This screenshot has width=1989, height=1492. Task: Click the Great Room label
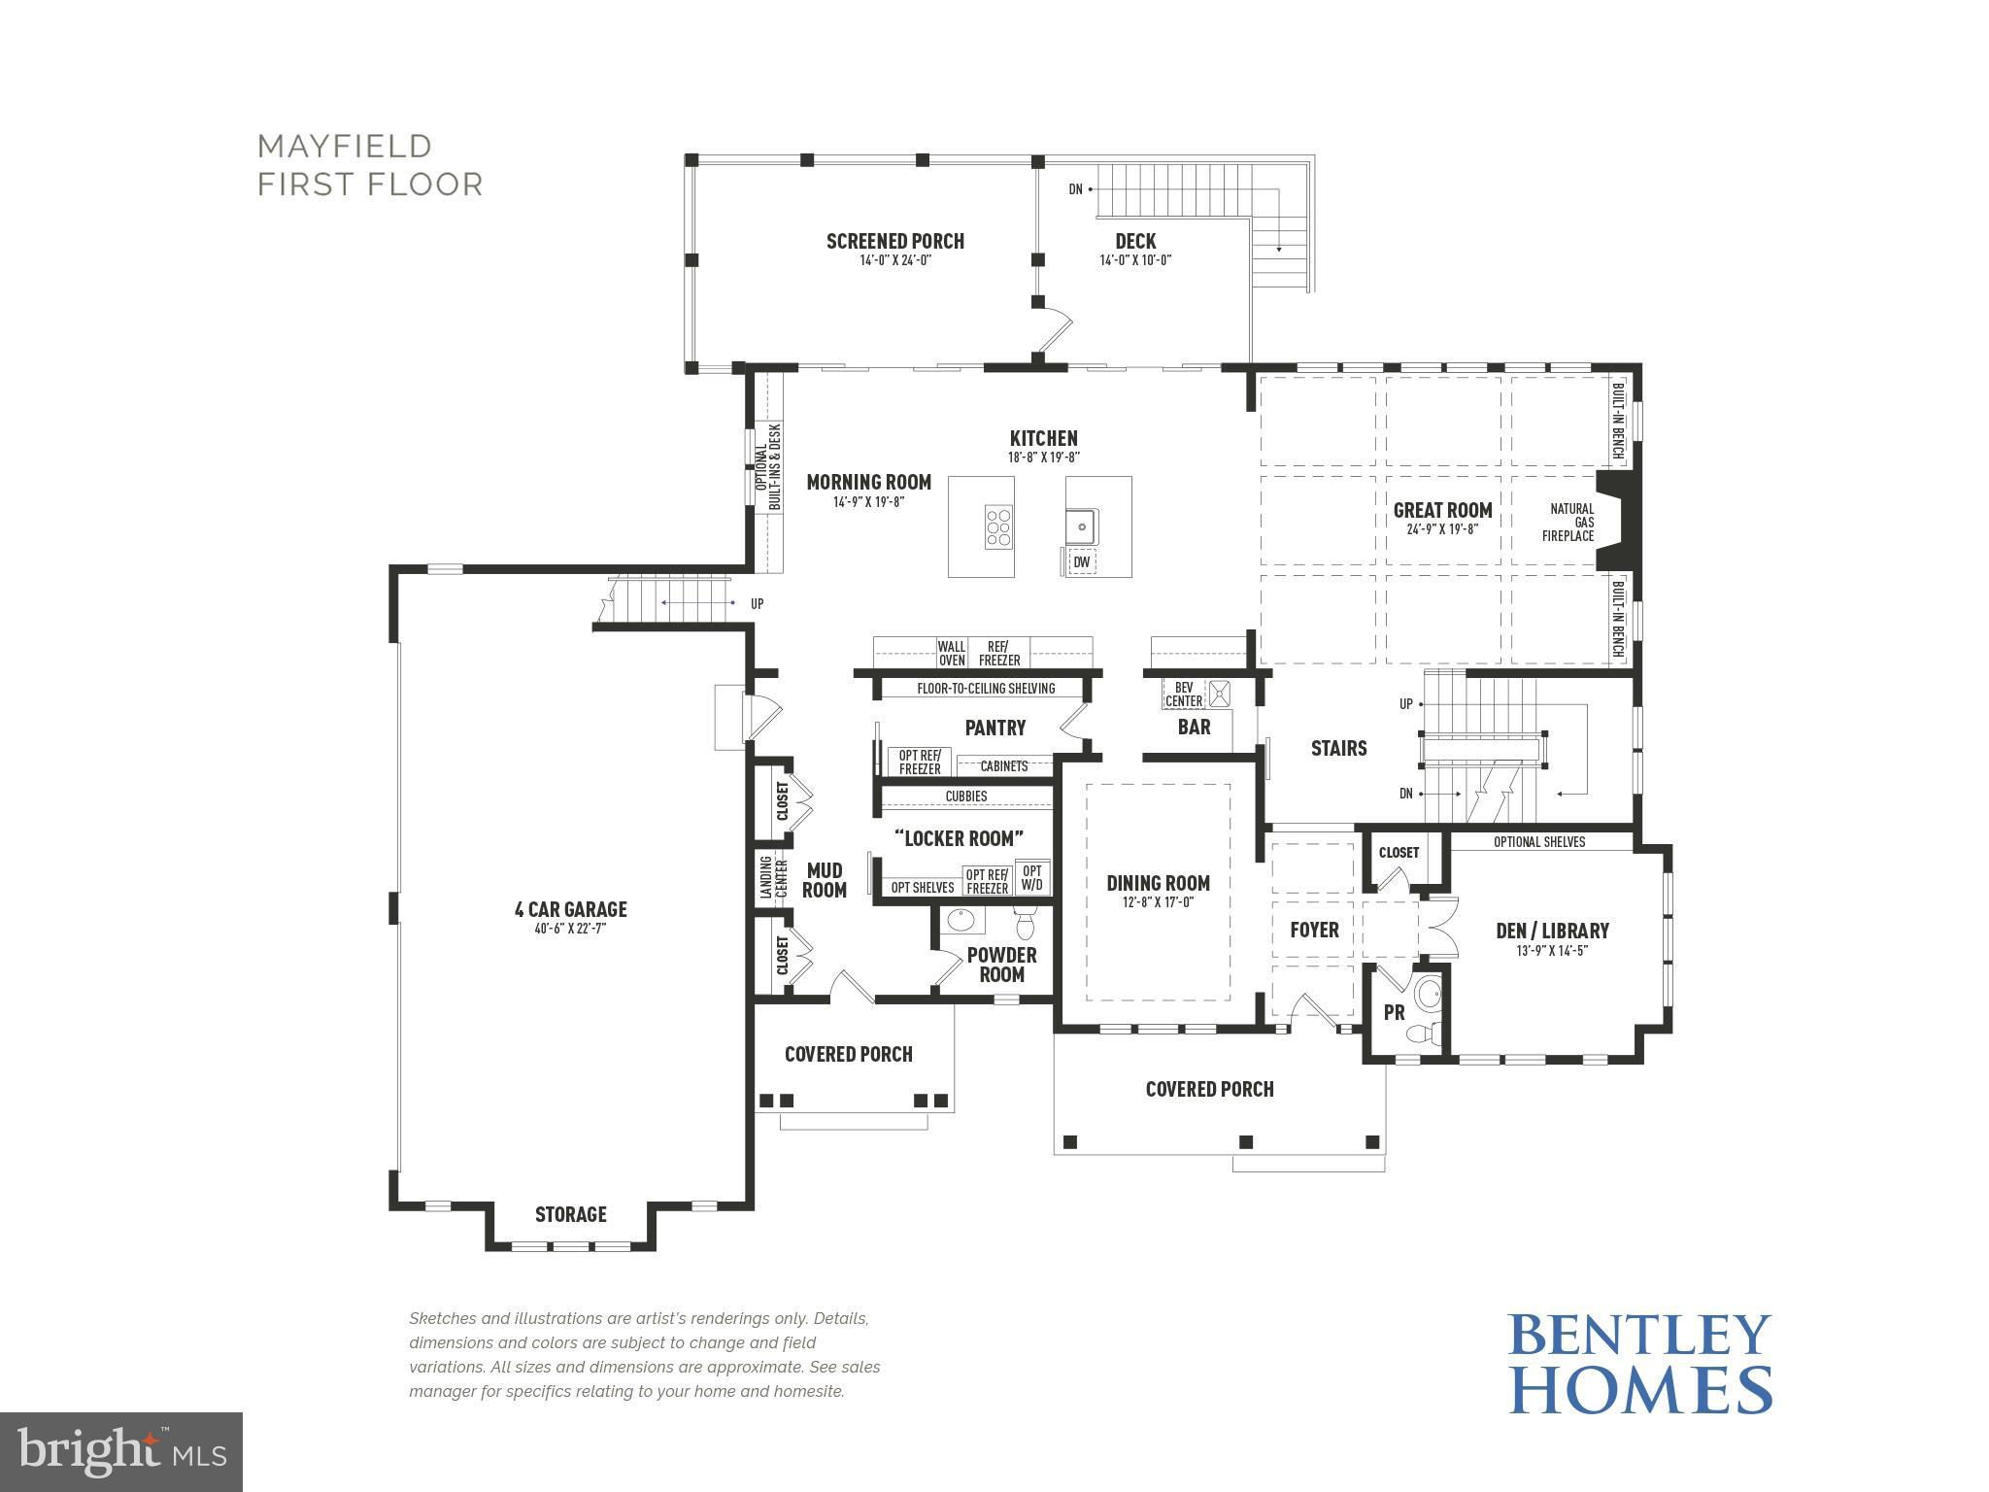tap(1442, 510)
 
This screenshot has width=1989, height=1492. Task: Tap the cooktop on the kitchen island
tap(998, 527)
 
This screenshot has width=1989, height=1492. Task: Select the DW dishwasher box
tap(1081, 561)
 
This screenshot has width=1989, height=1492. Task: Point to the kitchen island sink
tap(1082, 526)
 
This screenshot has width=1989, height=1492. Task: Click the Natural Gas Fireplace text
tap(1570, 523)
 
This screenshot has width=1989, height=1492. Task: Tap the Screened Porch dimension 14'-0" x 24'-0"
tap(895, 260)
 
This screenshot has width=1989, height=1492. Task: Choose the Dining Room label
tap(1158, 883)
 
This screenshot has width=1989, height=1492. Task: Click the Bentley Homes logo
tap(1639, 1364)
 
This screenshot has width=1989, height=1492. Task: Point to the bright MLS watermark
tap(121, 1451)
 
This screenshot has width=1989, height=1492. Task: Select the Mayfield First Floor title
tap(370, 165)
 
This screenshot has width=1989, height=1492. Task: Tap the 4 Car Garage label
tap(570, 909)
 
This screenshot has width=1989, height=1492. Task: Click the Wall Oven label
tap(952, 653)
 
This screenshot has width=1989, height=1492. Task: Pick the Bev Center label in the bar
tap(1184, 694)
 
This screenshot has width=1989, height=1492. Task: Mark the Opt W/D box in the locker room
tap(1031, 877)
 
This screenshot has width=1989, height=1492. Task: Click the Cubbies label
tap(966, 797)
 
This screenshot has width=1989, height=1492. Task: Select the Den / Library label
tap(1552, 931)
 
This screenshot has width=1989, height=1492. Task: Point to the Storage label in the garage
tap(571, 1214)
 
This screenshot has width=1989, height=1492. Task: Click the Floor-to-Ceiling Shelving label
tap(986, 689)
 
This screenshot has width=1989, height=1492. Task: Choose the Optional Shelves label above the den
tap(1539, 842)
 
